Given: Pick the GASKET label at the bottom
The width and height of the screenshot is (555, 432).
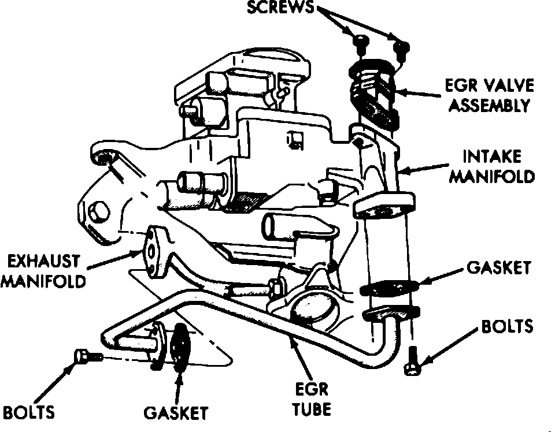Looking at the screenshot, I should tap(175, 413).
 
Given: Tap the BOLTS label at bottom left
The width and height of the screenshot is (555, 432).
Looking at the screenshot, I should tap(29, 412).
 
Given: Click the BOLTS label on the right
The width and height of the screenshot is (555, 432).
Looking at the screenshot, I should tap(506, 326).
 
